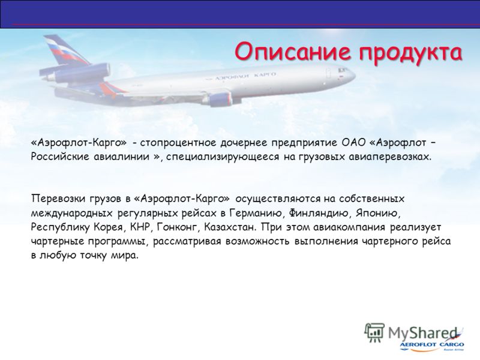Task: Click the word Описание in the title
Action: [292, 52]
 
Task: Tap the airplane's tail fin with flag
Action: [66, 50]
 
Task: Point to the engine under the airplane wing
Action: [220, 98]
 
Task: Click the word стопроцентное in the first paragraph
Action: [179, 143]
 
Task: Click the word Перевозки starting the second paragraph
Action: [58, 199]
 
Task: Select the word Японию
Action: [377, 213]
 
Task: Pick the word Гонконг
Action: [176, 227]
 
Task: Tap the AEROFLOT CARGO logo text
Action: [431, 344]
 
